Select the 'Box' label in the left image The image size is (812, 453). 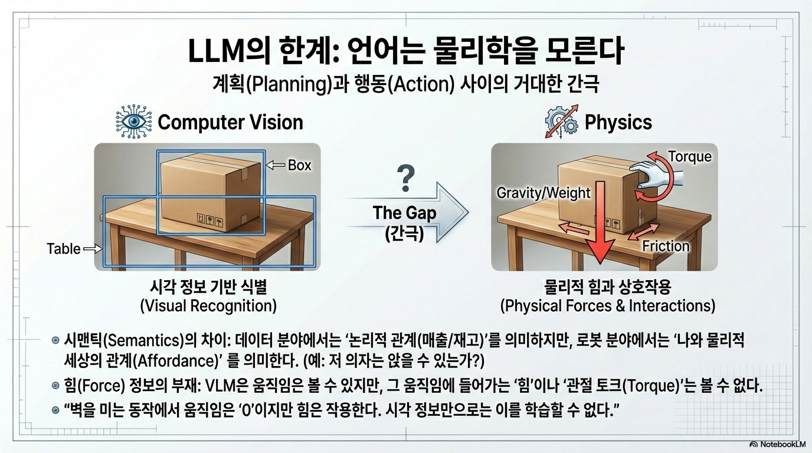click(299, 166)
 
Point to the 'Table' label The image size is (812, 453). click(64, 249)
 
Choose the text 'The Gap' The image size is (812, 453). click(404, 213)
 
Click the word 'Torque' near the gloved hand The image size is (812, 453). click(689, 156)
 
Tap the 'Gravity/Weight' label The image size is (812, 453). click(543, 193)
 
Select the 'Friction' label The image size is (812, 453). click(666, 246)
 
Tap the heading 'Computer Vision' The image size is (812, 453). click(230, 122)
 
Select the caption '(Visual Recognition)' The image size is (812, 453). click(208, 306)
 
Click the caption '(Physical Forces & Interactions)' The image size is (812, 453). click(607, 306)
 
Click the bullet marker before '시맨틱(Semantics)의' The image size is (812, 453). click(56, 340)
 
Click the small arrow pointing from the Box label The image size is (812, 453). click(275, 166)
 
